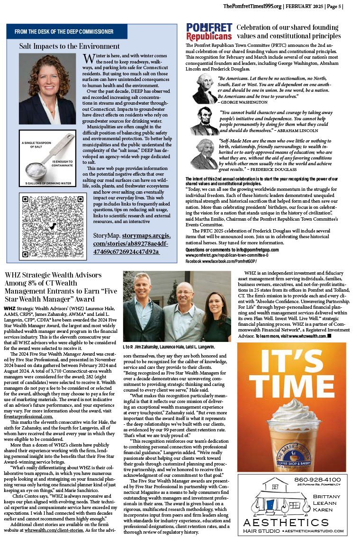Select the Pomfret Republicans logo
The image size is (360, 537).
[209, 32]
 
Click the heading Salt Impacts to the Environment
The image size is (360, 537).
[69, 46]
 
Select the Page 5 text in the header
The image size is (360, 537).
[334, 6]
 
